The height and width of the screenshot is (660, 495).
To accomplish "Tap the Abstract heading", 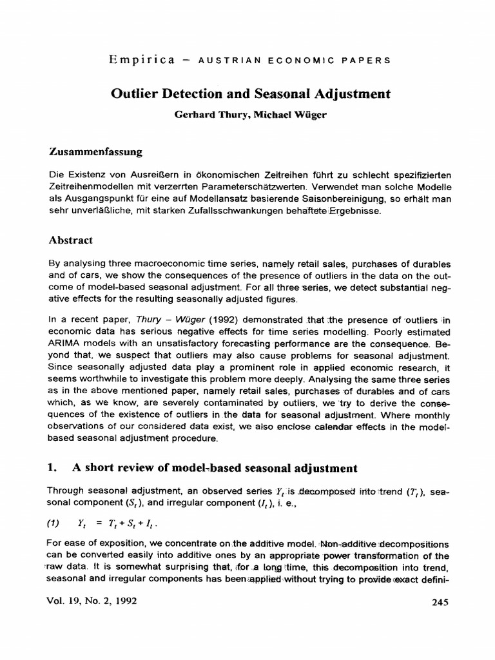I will point(71,240).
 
